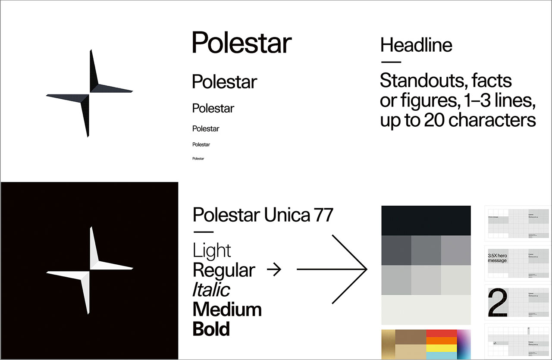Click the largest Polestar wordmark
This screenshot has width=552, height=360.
pyautogui.click(x=241, y=43)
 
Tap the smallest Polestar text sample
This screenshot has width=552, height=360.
pyautogui.click(x=198, y=159)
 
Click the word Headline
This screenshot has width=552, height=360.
pyautogui.click(x=416, y=45)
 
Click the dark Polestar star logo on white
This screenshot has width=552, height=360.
pyautogui.click(x=89, y=93)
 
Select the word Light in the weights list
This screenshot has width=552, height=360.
pyautogui.click(x=212, y=251)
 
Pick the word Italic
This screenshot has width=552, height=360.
pyautogui.click(x=211, y=290)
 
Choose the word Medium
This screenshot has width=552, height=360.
pyautogui.click(x=227, y=310)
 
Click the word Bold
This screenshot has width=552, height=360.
pyautogui.click(x=211, y=329)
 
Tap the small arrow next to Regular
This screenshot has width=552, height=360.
pyautogui.click(x=274, y=270)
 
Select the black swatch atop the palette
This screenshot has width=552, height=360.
pyautogui.click(x=426, y=220)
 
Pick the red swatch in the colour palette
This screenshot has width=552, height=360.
pyautogui.click(x=441, y=333)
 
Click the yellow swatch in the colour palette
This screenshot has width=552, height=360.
pyautogui.click(x=441, y=348)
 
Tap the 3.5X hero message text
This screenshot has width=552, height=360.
pyautogui.click(x=498, y=258)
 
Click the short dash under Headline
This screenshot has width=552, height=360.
pyautogui.click(x=391, y=62)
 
